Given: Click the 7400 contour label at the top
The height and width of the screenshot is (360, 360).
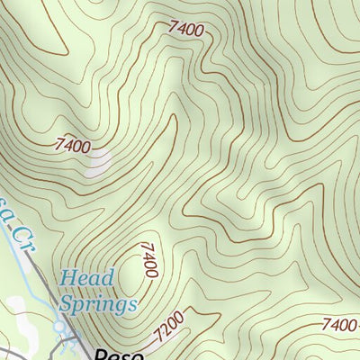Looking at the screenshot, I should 186,29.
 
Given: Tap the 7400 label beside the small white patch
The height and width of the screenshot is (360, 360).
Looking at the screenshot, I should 73,143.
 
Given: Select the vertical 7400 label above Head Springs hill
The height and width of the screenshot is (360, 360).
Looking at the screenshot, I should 148,260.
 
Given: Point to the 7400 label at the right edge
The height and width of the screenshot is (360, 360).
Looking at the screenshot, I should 340,325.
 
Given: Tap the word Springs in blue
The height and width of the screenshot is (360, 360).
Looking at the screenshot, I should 98,303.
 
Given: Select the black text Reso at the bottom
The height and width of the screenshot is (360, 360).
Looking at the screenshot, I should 119,354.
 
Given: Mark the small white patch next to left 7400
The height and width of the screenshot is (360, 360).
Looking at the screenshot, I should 97,160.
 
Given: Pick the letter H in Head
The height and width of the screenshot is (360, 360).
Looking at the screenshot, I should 67,279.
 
